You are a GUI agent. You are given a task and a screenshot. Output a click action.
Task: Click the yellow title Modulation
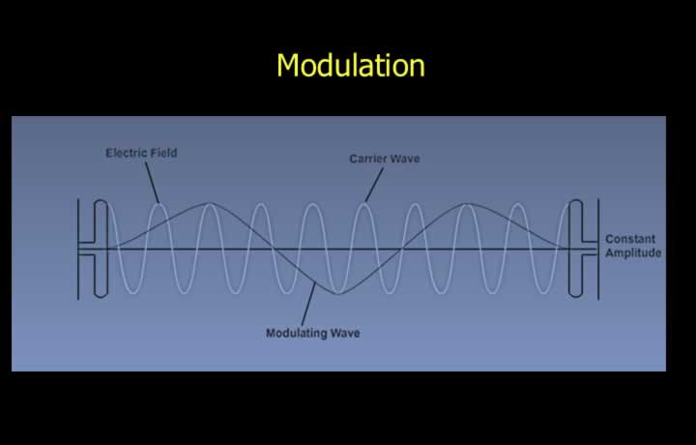point(351,65)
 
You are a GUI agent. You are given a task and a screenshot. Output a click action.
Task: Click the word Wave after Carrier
point(406,159)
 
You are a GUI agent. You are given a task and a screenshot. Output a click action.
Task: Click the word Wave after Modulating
point(346,333)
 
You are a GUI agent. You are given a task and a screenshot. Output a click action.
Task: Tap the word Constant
point(630,239)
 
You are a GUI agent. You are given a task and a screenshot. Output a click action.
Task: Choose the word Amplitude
point(633,252)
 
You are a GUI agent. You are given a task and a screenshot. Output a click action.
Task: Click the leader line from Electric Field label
point(152,183)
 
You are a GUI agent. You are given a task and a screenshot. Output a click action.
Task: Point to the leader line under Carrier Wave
point(374,185)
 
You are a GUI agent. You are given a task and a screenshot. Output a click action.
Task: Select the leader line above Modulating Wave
point(308,304)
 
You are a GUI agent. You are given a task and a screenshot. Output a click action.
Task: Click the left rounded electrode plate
point(101,249)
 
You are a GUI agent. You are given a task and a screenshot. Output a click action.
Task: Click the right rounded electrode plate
point(576,249)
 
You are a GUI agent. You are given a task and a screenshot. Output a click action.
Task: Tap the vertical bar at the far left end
point(78,250)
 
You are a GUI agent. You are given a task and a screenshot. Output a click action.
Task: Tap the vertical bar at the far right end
point(598,250)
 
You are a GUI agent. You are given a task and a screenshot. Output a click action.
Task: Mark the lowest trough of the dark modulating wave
point(338,293)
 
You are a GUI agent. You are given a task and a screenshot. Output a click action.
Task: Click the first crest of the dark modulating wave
point(210,204)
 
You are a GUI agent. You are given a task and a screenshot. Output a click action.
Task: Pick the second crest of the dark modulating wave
point(466,204)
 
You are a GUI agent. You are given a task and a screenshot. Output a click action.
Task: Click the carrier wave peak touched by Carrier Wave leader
point(363,204)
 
